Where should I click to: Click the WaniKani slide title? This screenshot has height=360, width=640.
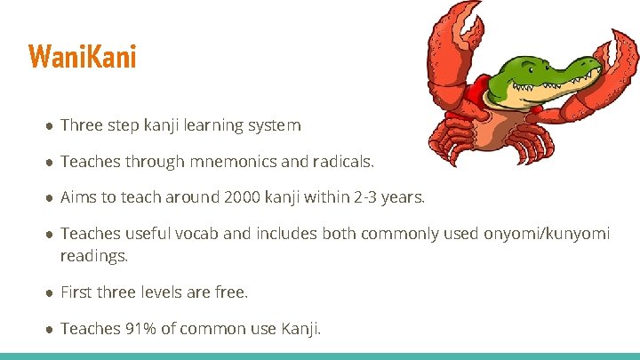[x=83, y=58]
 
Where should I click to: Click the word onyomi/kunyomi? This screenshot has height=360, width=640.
[x=546, y=234]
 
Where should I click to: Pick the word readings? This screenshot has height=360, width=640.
[x=94, y=256]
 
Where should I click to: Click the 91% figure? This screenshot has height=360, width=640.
[x=140, y=329]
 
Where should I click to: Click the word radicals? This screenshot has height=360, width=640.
[x=343, y=162]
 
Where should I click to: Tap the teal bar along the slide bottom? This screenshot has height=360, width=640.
[x=320, y=356]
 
